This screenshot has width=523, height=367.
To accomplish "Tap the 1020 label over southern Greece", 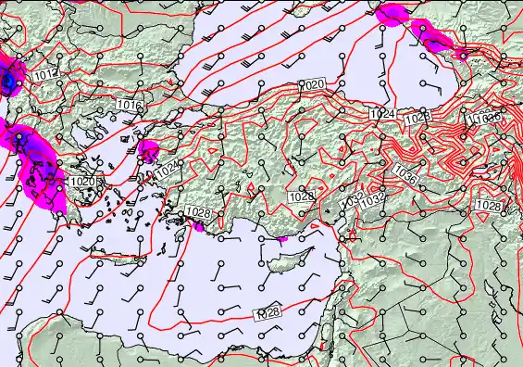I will pyautogui.click(x=82, y=182).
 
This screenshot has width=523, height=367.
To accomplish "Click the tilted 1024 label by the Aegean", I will pyautogui.click(x=167, y=171).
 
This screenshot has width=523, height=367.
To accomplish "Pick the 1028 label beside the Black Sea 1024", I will pyautogui.click(x=418, y=117).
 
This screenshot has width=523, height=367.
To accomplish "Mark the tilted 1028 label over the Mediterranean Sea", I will pyautogui.click(x=268, y=313).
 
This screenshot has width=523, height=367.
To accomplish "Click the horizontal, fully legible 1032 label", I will pyautogui.click(x=373, y=199).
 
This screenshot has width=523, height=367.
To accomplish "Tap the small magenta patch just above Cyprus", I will pyautogui.click(x=284, y=239).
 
